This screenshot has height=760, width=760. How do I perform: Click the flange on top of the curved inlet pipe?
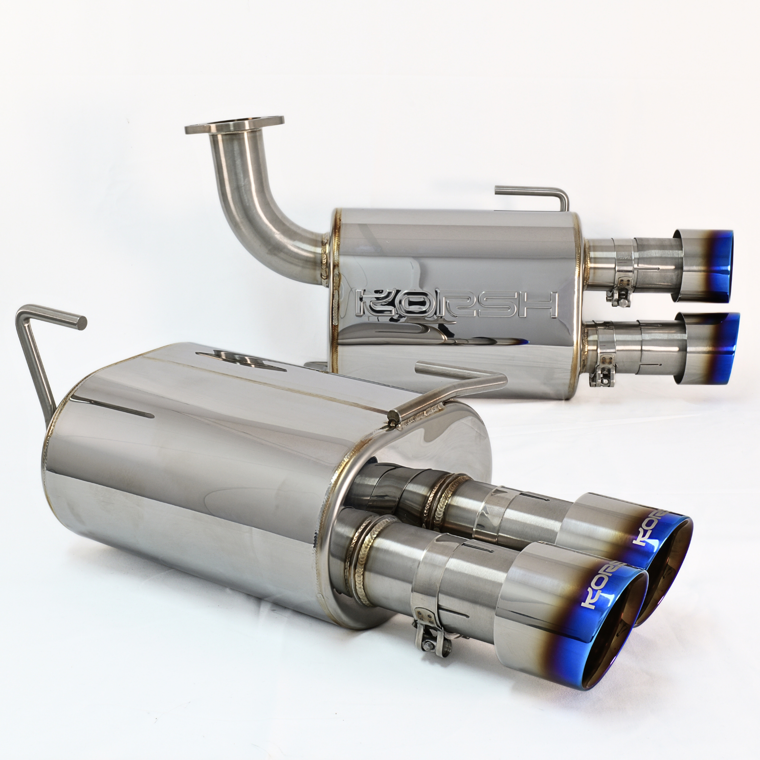(235, 127)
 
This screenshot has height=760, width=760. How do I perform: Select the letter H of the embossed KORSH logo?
(541, 303)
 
